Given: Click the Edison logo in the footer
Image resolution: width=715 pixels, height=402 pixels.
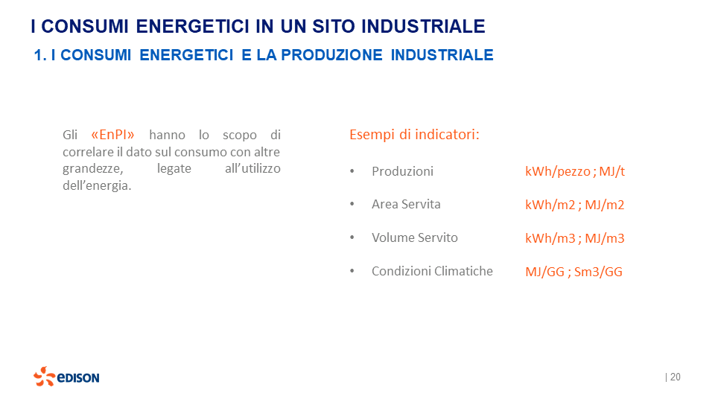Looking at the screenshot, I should tap(66, 377).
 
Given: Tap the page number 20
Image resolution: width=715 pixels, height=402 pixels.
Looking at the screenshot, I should tap(675, 377).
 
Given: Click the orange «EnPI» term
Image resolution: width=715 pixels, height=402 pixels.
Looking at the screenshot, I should tap(112, 135).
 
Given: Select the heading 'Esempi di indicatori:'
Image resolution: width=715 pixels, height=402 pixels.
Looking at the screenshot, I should tap(414, 135).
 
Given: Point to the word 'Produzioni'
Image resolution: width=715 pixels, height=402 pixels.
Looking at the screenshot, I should tap(402, 171).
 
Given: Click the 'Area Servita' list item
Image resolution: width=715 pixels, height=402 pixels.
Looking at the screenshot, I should tap(406, 204).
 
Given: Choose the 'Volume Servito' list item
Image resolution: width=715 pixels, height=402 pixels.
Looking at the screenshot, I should tap(414, 237).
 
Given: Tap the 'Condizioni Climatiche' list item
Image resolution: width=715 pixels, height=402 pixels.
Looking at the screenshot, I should tap(432, 271).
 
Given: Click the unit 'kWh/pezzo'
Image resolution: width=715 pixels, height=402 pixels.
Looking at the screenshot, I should tap(558, 171).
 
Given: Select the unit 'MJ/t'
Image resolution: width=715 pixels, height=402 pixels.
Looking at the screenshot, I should tap(611, 171).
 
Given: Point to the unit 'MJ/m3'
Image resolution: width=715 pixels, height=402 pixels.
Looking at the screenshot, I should tap(604, 238).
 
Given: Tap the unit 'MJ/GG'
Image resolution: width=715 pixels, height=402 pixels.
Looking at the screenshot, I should tap(544, 272).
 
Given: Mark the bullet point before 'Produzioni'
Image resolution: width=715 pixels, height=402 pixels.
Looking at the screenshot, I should tap(352, 172).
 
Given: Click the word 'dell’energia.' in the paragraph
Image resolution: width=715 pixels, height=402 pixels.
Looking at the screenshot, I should tap(97, 185).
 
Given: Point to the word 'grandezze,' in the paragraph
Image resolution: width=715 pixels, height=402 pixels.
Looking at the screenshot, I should tap(90, 169).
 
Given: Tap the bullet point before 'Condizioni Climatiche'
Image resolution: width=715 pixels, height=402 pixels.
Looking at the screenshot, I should tap(352, 272).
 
